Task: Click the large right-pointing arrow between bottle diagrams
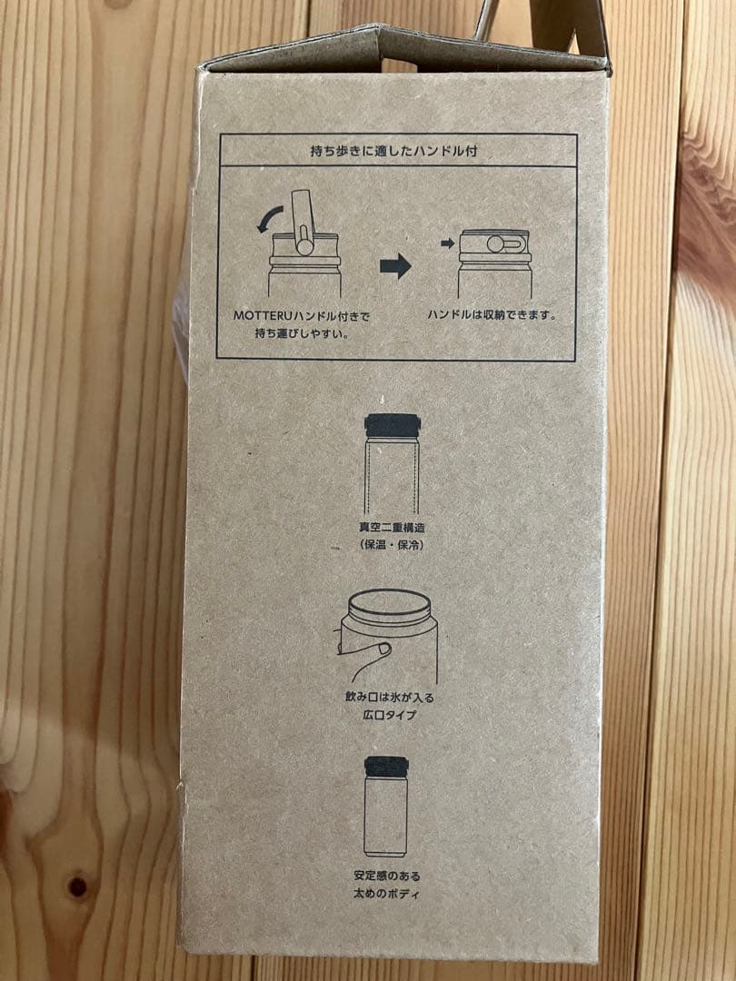tap(395, 266)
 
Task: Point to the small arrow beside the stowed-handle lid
tap(447, 243)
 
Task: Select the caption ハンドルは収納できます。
tap(492, 314)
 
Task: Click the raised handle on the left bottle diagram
tap(303, 223)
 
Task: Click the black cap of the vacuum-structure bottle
tap(393, 425)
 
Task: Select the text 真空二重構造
tap(393, 528)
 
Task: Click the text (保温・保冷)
tap(393, 545)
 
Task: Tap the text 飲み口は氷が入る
tap(389, 697)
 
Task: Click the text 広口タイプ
tap(389, 714)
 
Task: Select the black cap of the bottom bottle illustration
tap(386, 765)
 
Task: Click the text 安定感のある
tap(386, 876)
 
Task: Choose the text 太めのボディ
tap(386, 893)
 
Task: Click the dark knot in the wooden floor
tap(77, 886)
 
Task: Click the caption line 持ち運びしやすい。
tap(302, 333)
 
